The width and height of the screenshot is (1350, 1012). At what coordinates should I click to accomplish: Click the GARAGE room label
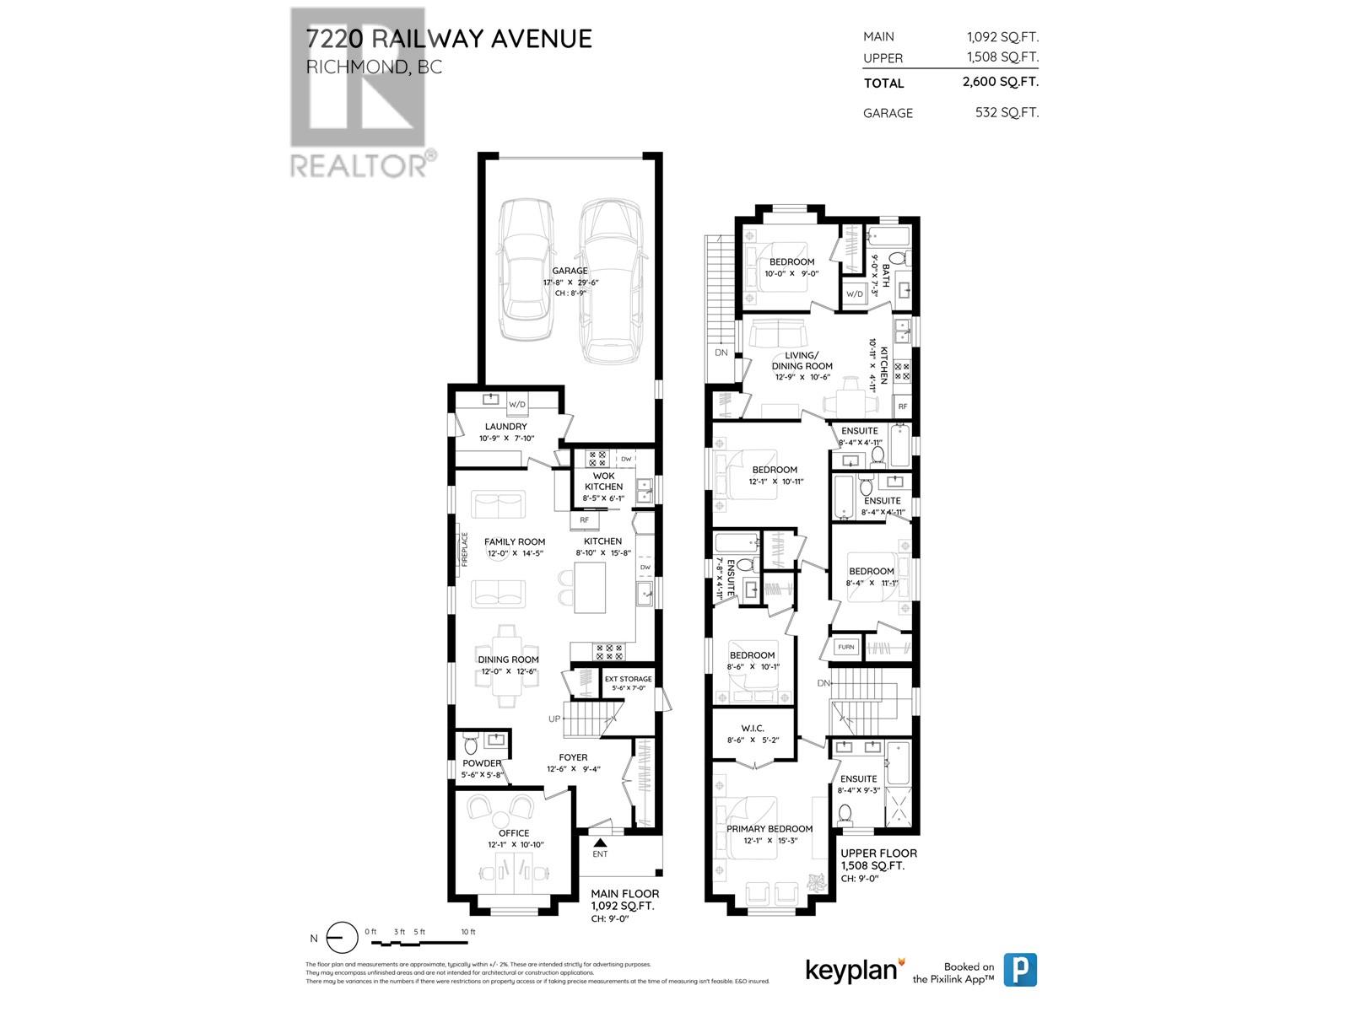[x=570, y=271]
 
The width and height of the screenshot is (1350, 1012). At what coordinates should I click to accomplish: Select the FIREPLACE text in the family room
[x=464, y=549]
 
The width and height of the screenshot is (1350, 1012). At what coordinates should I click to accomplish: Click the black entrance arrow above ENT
[x=600, y=841]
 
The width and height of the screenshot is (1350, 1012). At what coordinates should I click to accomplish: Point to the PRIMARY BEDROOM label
[x=769, y=828]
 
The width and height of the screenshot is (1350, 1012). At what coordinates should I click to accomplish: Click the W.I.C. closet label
[x=752, y=728]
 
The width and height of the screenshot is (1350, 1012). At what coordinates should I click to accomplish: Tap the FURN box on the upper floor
[x=846, y=647]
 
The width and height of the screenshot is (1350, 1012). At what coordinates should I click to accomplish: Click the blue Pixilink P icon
[x=1020, y=970]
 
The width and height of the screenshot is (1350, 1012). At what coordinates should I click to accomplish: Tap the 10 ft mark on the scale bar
[x=467, y=932]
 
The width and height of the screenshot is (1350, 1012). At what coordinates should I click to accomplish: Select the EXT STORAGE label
[x=629, y=679]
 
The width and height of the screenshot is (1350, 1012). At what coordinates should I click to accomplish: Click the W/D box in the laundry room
[x=516, y=405]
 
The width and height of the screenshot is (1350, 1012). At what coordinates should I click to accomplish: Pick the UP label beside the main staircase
[x=554, y=719]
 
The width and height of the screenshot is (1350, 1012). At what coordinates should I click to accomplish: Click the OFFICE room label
[x=514, y=833]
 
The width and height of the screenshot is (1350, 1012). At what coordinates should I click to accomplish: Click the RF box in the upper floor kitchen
[x=903, y=406]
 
